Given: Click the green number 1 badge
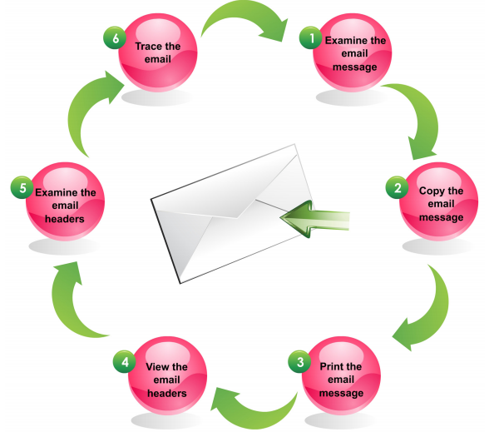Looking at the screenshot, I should [312, 38].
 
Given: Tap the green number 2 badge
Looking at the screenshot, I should [398, 187].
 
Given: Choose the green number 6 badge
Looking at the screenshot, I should [113, 38].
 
